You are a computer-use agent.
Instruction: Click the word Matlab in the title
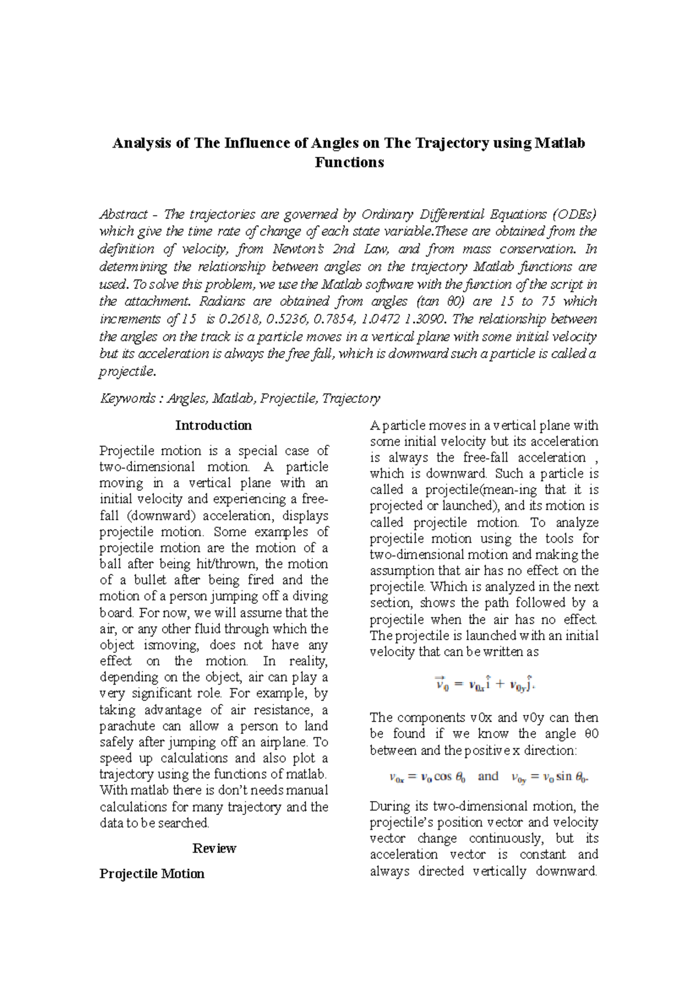tap(560, 143)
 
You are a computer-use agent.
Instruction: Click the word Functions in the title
tap(349, 162)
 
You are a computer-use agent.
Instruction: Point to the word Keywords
tap(127, 399)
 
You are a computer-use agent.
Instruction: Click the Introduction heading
tap(213, 425)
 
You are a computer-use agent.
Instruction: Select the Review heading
tap(213, 849)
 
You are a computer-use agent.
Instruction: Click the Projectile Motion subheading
tap(152, 874)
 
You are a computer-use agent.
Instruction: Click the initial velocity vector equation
tap(485, 684)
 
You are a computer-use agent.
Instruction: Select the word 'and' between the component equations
tap(488, 777)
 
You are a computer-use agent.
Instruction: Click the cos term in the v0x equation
tap(443, 777)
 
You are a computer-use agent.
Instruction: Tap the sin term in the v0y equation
tap(564, 777)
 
